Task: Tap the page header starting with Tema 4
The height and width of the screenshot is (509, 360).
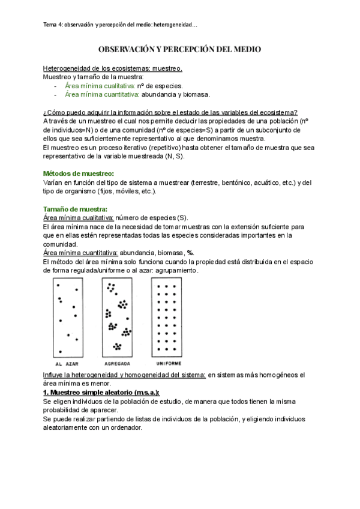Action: pos(121,25)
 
